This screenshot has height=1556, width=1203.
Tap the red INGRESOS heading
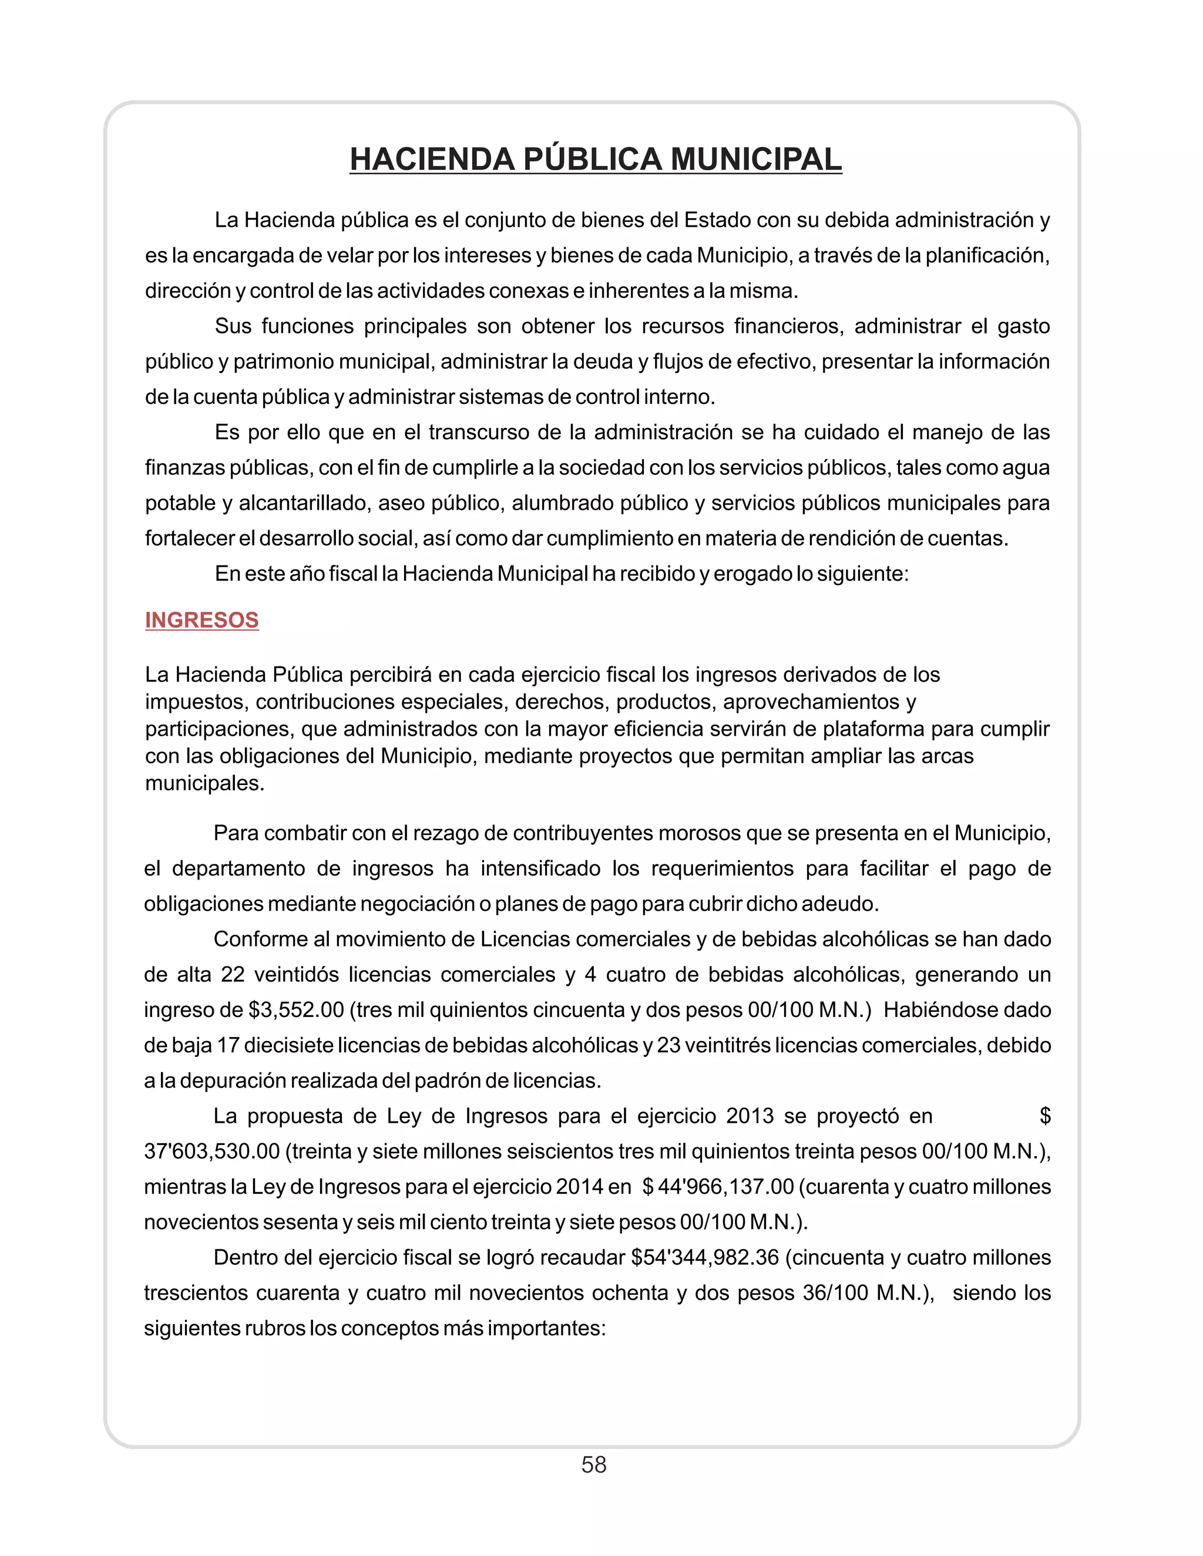[x=201, y=620]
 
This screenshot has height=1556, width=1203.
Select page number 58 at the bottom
[x=594, y=1465]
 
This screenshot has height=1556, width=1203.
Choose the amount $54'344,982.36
[x=705, y=1258]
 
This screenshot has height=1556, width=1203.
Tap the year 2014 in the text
[x=579, y=1187]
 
